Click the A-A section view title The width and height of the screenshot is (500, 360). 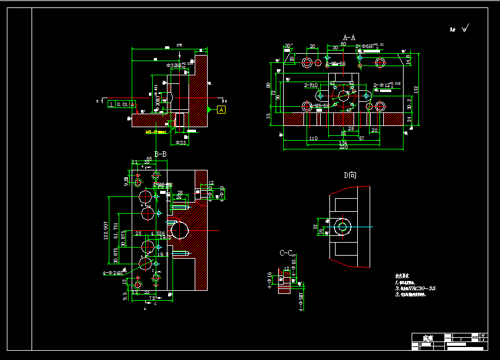[349, 38]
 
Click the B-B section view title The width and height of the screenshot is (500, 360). [160, 154]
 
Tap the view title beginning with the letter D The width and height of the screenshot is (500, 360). [350, 175]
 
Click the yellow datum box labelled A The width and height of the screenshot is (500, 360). [222, 109]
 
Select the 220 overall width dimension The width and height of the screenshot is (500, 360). [343, 147]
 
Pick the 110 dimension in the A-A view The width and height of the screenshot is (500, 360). [313, 139]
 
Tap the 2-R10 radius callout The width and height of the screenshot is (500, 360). [310, 85]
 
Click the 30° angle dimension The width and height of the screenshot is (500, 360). [287, 46]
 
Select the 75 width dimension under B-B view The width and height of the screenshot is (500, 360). [152, 298]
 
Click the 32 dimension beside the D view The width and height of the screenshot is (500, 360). [315, 227]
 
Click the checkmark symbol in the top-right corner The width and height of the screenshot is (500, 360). [465, 27]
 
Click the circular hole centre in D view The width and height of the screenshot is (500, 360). [342, 227]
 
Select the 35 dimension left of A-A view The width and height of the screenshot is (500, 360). [268, 115]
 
